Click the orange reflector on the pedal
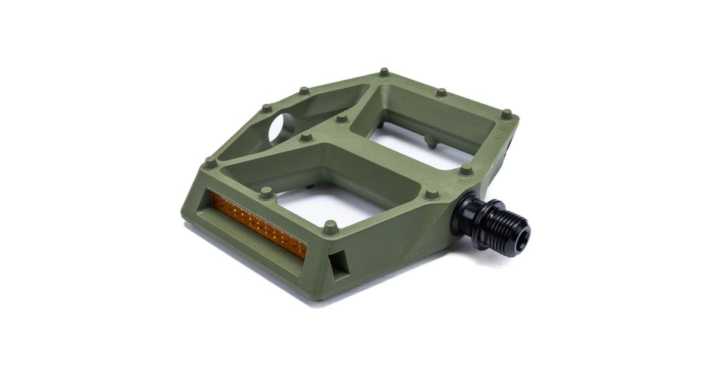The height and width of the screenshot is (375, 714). (x=259, y=226)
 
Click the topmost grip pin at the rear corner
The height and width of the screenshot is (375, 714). (x=384, y=73)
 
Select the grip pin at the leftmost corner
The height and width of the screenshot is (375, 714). (x=210, y=162)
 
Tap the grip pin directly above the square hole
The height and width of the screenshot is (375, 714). (x=330, y=226)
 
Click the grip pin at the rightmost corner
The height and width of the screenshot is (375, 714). (x=506, y=113)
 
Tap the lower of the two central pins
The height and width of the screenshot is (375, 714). (x=306, y=137)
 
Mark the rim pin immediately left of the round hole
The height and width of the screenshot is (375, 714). (x=267, y=109)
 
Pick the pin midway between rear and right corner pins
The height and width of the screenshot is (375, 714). (x=441, y=92)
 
